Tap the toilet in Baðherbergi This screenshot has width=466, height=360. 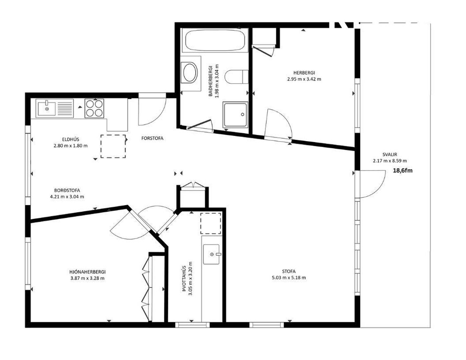tap(237, 77)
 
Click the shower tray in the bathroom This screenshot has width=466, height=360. tap(235, 114)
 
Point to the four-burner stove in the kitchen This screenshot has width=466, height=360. tap(94, 108)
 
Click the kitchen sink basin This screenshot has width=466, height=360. tap(47, 108)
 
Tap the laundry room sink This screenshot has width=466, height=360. tap(211, 254)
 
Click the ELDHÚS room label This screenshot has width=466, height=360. tap(71, 139)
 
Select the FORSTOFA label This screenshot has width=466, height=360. tap(152, 138)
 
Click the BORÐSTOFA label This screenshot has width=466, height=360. tap(67, 191)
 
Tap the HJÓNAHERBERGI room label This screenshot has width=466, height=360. tap(87, 272)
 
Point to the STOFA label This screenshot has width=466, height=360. tap(289, 271)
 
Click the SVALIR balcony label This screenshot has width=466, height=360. tap(390, 154)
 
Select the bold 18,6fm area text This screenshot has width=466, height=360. tap(403, 171)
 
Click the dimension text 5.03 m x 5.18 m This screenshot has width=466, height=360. tap(289, 278)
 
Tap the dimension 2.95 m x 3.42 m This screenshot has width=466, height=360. tap(304, 79)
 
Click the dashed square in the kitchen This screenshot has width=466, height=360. tap(113, 146)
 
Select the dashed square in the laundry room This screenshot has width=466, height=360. tap(211, 223)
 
